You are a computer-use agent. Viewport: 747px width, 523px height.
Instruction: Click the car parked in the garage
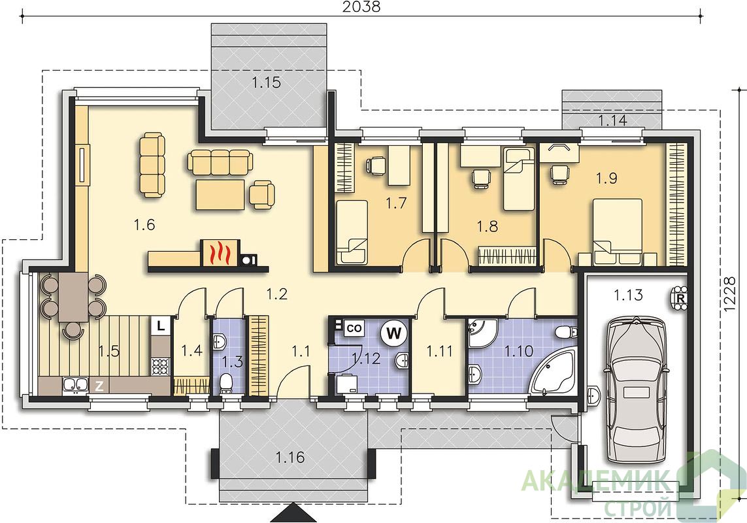click(635, 390)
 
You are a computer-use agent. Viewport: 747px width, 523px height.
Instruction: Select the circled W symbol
click(394, 333)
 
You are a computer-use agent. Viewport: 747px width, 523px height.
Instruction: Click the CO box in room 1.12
click(354, 328)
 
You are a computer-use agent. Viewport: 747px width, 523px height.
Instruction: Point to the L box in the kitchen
click(161, 327)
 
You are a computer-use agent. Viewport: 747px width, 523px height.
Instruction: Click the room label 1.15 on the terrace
click(266, 82)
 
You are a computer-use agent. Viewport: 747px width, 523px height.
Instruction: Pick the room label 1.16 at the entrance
click(290, 458)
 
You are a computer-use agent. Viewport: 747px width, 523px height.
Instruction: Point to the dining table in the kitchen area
click(73, 297)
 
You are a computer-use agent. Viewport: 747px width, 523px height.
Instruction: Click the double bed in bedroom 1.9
click(618, 231)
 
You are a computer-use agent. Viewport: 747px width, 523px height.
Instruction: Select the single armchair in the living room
click(262, 194)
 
